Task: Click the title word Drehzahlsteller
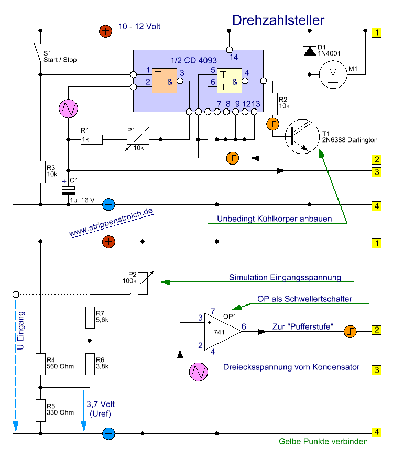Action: pyautogui.click(x=278, y=20)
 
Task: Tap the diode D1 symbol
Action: pyautogui.click(x=310, y=51)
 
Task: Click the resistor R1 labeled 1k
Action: pyautogui.click(x=92, y=139)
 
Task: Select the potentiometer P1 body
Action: pyautogui.click(x=138, y=139)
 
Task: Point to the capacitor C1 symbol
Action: pyautogui.click(x=69, y=190)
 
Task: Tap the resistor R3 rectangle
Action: pyautogui.click(x=41, y=172)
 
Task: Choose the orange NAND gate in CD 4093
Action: pyautogui.click(x=165, y=81)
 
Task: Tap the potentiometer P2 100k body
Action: pyautogui.click(x=142, y=283)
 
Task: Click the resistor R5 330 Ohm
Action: pyautogui.click(x=41, y=410)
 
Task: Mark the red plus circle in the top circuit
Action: pyautogui.click(x=106, y=31)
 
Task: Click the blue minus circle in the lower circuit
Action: pyautogui.click(x=108, y=433)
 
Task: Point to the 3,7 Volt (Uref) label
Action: pyautogui.click(x=101, y=408)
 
